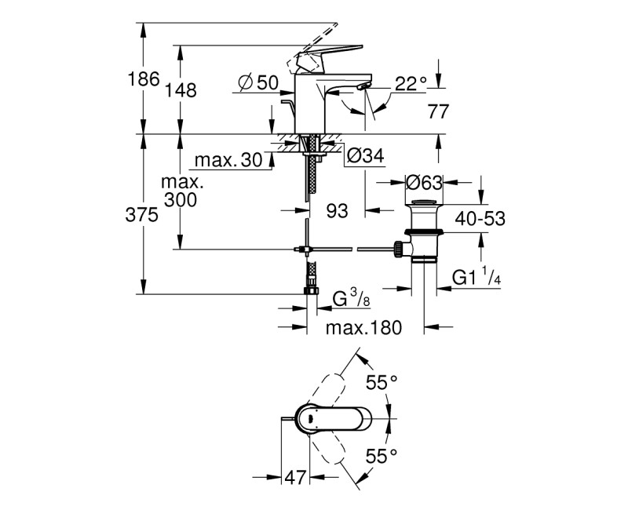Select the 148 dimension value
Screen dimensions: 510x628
[181, 90]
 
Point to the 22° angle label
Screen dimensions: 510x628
[411, 82]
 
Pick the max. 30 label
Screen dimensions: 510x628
[228, 160]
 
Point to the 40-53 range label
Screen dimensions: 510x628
[479, 220]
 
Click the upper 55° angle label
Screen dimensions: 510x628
[383, 382]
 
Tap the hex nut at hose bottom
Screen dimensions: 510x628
[312, 289]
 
